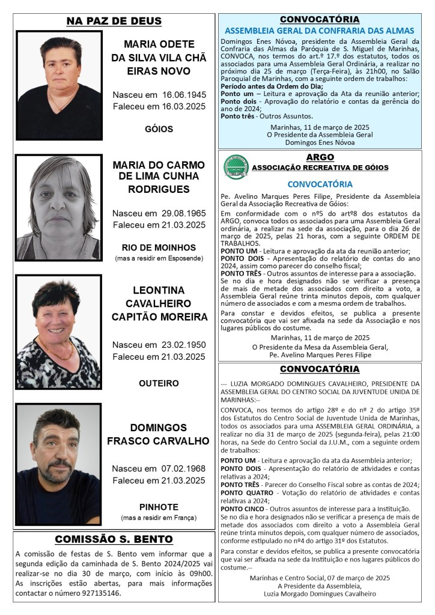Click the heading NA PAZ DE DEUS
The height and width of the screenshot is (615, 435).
[x=114, y=22]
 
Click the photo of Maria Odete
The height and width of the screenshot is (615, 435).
[x=59, y=85]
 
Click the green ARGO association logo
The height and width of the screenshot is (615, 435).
[x=236, y=166]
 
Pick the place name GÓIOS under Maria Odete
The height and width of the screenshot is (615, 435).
[x=159, y=129]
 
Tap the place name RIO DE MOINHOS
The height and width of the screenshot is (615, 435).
[x=159, y=247]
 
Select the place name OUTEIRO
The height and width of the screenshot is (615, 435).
[x=159, y=383]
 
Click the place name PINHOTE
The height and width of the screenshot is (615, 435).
[x=159, y=507]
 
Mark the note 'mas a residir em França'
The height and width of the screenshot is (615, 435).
[x=159, y=518]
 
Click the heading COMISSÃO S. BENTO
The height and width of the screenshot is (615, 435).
[x=114, y=539]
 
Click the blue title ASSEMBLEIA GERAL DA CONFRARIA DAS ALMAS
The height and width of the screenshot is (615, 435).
[x=319, y=30]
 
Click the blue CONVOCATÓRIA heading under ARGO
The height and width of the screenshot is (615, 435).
[x=320, y=184]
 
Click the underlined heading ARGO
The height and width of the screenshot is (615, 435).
[x=320, y=157]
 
